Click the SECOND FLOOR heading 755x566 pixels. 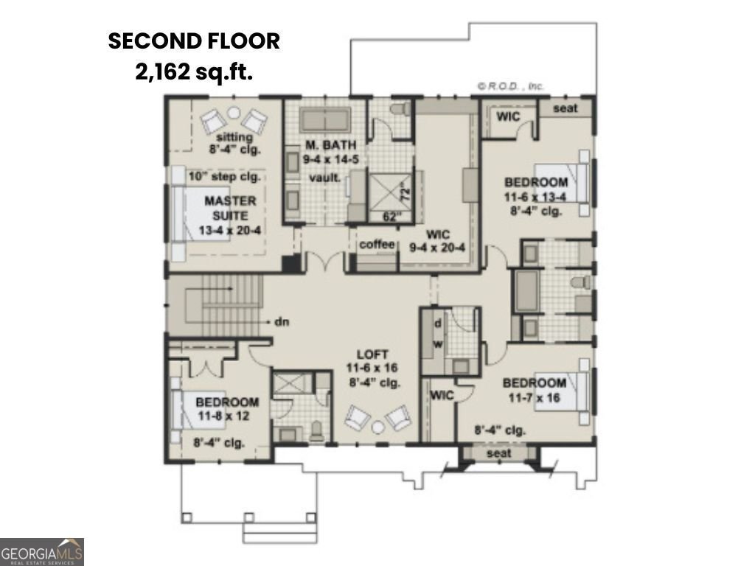(194, 41)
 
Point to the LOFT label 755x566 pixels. (372, 354)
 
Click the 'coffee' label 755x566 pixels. (377, 245)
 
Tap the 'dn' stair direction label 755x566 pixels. (281, 321)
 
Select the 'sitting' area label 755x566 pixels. (234, 137)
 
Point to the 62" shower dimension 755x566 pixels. (392, 217)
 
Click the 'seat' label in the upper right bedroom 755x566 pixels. (565, 108)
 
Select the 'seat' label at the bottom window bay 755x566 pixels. (499, 453)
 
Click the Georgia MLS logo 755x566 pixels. (42, 551)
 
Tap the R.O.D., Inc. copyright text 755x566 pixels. (510, 86)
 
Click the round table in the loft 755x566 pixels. (377, 427)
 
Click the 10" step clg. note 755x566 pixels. (224, 176)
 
